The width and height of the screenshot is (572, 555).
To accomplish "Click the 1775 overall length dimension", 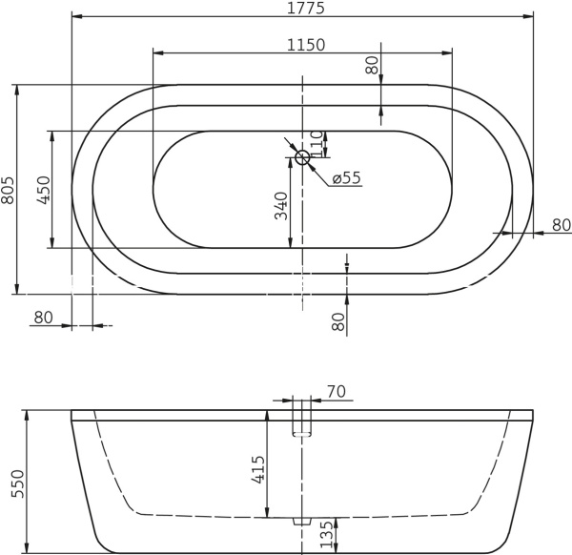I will tap(305, 9).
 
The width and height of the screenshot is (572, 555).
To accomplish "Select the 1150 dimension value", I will tap(305, 44).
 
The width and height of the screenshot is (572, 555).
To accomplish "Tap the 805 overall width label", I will tap(9, 190).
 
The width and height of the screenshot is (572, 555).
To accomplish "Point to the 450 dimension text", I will tap(42, 190).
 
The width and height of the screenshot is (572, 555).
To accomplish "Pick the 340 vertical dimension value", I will tap(281, 206).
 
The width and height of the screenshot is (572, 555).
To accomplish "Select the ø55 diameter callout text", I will tap(346, 177).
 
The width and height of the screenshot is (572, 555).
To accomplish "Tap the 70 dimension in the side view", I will tap(336, 392).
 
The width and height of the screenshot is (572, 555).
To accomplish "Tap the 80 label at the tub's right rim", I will tap(561, 225).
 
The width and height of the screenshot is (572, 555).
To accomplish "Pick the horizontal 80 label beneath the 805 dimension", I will tap(43, 318).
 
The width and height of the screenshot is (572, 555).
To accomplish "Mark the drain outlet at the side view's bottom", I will tap(302, 521).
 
